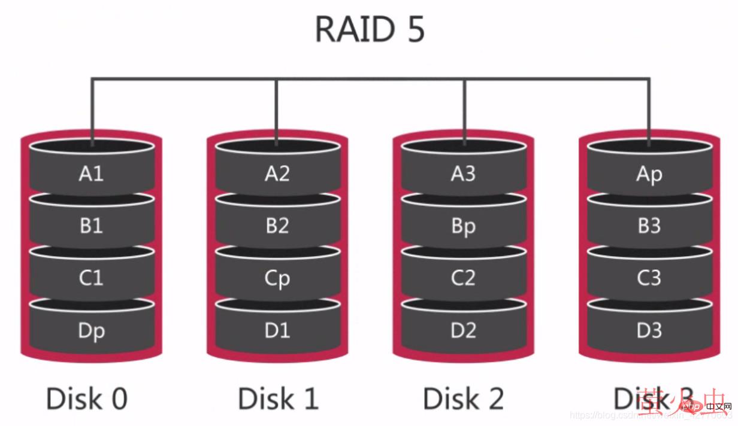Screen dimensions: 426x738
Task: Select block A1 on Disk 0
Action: tap(91, 174)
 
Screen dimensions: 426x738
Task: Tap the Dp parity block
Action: tap(91, 330)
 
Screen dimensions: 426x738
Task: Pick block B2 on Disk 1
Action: tap(277, 226)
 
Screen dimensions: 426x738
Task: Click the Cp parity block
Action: tap(277, 279)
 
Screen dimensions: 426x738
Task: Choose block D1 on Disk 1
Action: tap(277, 330)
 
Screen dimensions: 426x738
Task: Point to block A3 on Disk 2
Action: tap(463, 174)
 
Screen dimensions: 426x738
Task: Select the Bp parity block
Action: tap(463, 227)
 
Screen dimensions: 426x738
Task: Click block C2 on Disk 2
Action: tap(463, 278)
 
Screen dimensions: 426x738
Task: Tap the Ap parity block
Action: tap(649, 175)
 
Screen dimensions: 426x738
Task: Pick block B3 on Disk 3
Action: tap(649, 226)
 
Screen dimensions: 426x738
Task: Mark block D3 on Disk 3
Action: tap(649, 330)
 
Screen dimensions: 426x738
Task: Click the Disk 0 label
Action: tap(87, 398)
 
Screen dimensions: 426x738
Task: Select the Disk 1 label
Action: tap(278, 398)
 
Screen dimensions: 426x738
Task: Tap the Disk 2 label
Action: tap(463, 398)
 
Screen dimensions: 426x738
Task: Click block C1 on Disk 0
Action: tap(91, 278)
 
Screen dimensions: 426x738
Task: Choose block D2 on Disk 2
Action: tap(463, 330)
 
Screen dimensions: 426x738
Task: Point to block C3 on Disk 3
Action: tap(649, 278)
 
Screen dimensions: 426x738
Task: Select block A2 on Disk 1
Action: tap(277, 174)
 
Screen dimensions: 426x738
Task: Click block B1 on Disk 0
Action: tap(91, 226)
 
